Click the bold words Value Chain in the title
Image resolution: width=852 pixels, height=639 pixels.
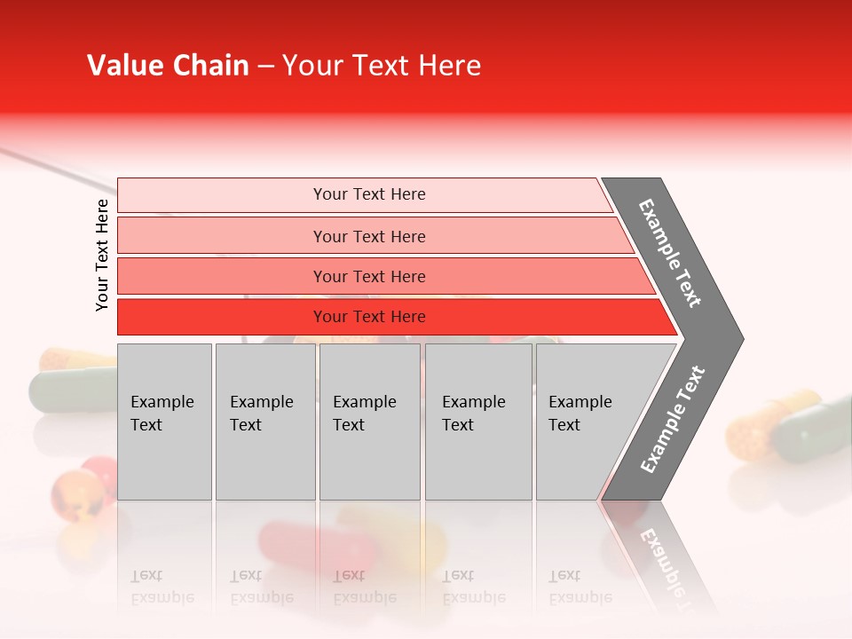[168, 66]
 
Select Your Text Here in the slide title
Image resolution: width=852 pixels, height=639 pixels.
[382, 66]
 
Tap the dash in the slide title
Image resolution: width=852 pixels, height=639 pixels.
[265, 67]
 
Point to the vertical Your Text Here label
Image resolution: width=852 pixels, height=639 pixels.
[102, 255]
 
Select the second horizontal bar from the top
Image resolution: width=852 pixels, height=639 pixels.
[368, 236]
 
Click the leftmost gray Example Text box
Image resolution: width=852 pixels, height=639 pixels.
[164, 422]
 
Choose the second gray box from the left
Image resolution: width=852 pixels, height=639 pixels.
[265, 422]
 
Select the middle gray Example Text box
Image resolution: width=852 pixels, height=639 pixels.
[369, 422]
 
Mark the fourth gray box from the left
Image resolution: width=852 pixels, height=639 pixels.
[478, 422]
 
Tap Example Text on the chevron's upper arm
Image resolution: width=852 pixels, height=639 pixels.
[670, 253]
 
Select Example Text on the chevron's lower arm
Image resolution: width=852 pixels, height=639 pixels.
[673, 419]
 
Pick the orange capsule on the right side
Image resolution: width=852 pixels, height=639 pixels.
[761, 424]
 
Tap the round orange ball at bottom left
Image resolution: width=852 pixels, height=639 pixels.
[75, 493]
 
